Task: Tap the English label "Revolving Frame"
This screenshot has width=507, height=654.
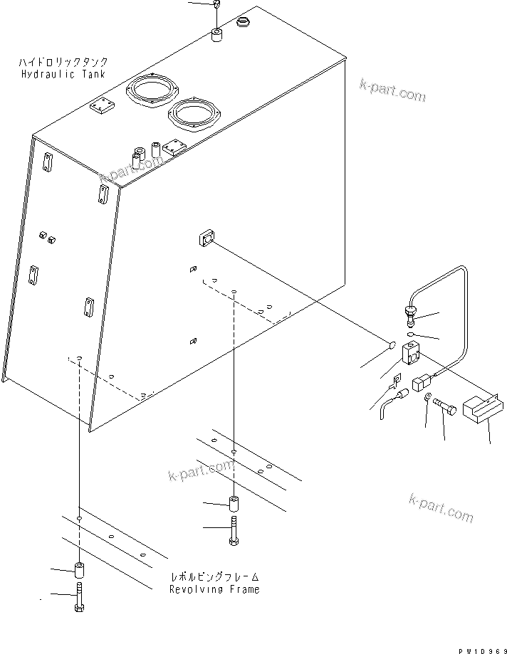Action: [214, 589]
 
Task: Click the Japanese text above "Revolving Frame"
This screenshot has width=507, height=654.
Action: [214, 577]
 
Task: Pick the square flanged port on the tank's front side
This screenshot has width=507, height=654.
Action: [204, 238]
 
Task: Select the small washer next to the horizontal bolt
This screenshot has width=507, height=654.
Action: [427, 399]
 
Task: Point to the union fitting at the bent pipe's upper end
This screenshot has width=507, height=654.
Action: [411, 313]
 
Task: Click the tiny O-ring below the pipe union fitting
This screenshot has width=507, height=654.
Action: [412, 332]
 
